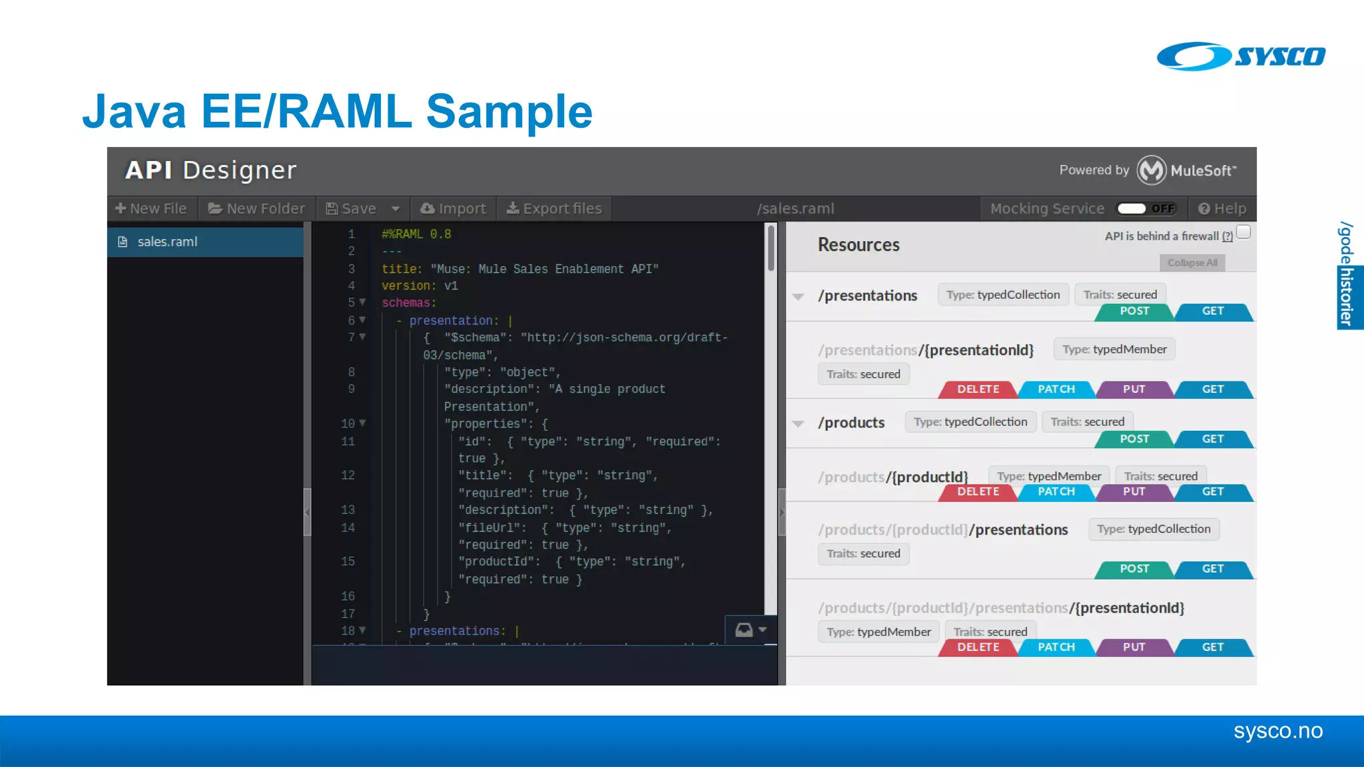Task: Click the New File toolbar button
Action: [x=151, y=208]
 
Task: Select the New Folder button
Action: [x=256, y=208]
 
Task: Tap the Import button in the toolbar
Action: [x=454, y=208]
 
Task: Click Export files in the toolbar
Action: [x=554, y=208]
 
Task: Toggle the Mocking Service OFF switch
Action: [x=1147, y=208]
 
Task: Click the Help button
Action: [x=1222, y=208]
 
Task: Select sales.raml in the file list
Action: [x=167, y=242]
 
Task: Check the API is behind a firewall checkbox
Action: [x=1243, y=232]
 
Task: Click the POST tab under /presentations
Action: [x=1134, y=311]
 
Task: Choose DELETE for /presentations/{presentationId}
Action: [x=978, y=389]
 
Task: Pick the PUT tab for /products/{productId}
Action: [x=1134, y=492]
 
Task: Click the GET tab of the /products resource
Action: [x=1213, y=439]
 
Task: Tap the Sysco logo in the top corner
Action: [x=1241, y=56]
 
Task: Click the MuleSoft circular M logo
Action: [x=1151, y=170]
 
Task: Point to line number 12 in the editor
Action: [x=348, y=475]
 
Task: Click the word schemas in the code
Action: [x=406, y=303]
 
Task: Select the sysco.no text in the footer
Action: [x=1277, y=731]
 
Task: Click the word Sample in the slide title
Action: [x=509, y=111]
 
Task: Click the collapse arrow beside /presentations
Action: [x=798, y=296]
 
